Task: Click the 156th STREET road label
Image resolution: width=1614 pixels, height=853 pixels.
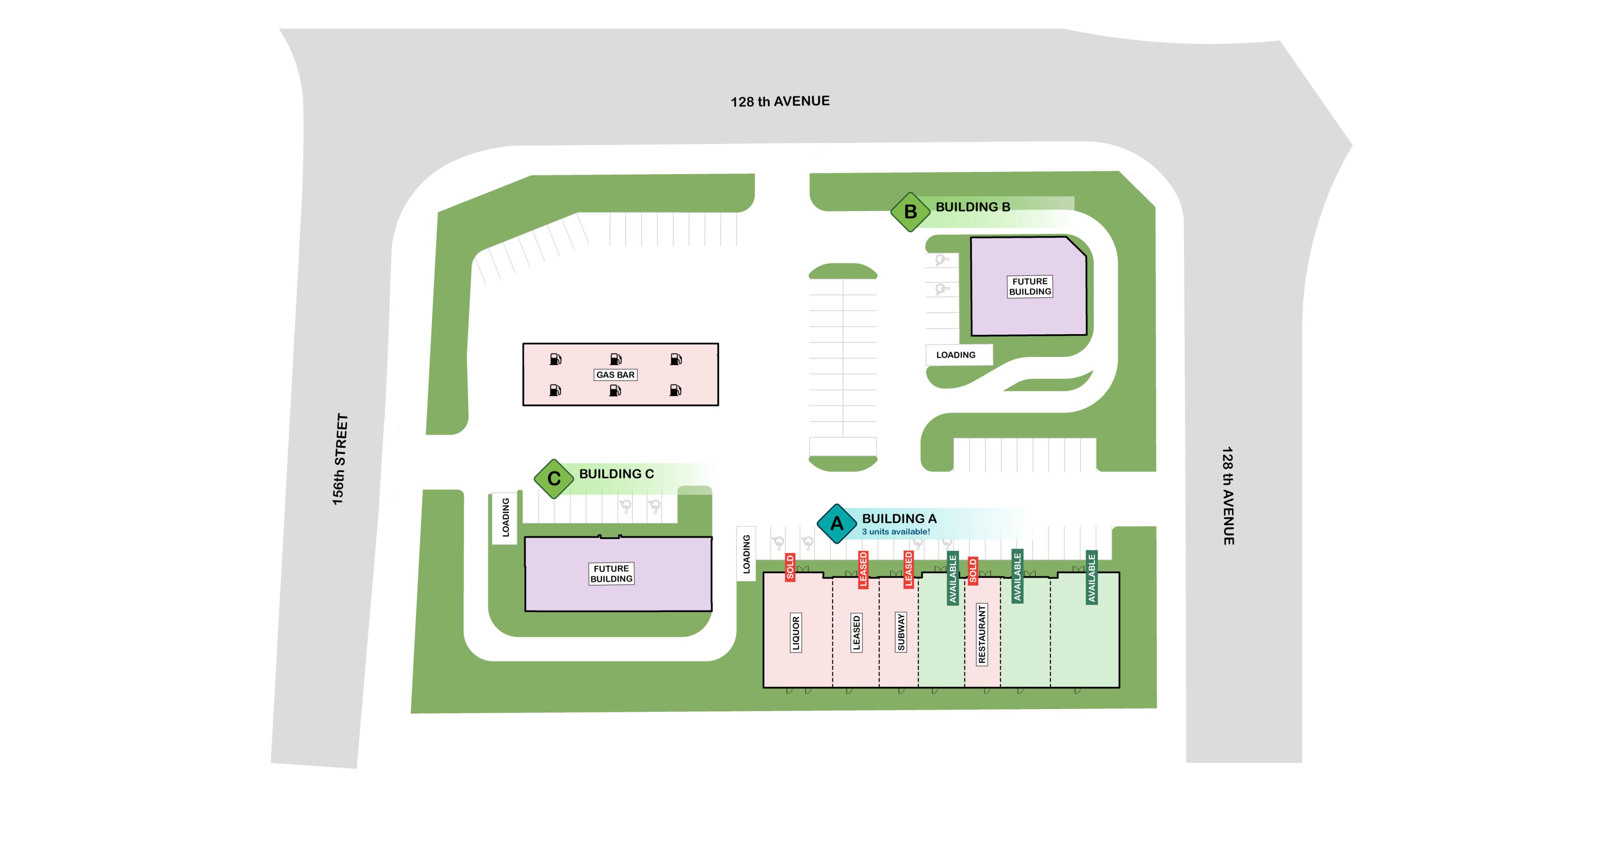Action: [339, 459]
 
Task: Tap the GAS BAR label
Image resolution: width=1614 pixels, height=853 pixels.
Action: [615, 375]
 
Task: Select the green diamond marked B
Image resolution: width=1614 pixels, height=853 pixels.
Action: [910, 212]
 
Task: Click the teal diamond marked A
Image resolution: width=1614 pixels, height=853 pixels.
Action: [836, 523]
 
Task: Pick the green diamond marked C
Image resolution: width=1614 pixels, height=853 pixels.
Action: [554, 478]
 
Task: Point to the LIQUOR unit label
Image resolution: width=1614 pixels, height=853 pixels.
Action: [796, 633]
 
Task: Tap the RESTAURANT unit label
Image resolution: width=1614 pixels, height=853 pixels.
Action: [982, 634]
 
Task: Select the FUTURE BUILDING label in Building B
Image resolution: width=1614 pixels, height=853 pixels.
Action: [1030, 286]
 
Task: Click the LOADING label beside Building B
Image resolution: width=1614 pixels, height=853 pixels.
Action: [955, 355]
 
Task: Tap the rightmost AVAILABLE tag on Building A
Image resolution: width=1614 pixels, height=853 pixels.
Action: [1091, 577]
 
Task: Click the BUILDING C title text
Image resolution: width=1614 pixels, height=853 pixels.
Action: [616, 474]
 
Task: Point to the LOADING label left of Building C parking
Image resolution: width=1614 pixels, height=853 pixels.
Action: [506, 517]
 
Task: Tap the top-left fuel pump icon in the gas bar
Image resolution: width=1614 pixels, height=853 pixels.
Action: [555, 359]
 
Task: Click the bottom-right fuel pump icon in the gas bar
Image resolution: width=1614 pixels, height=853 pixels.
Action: [675, 390]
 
